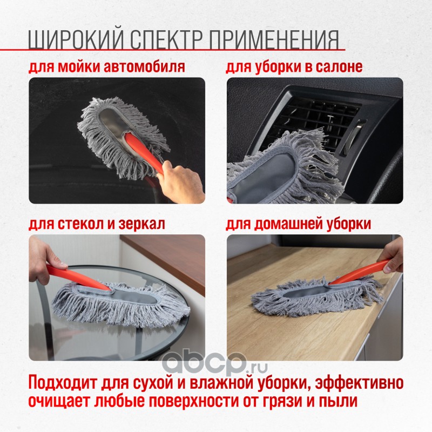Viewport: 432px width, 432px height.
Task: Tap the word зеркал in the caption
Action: (141, 224)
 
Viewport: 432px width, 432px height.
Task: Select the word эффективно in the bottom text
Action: (359, 383)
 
